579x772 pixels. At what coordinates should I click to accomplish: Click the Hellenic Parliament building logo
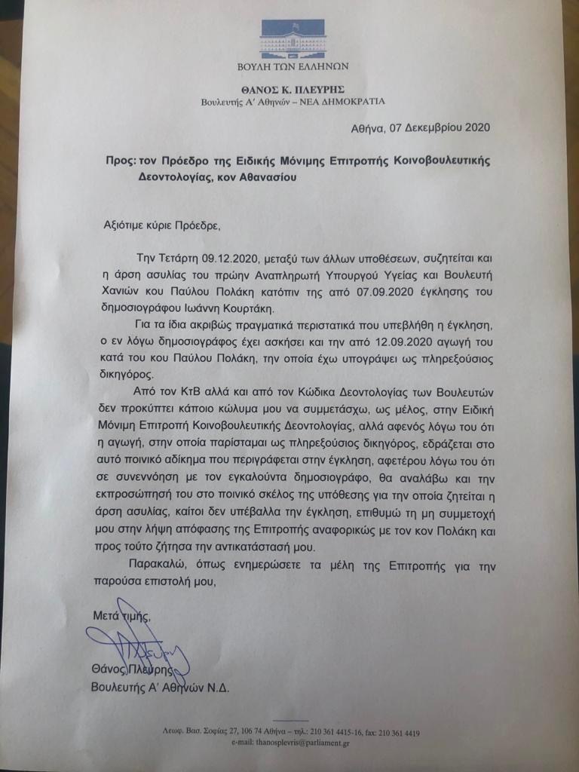[292, 39]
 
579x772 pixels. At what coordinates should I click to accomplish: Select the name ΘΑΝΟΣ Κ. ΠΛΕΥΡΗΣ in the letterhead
[292, 89]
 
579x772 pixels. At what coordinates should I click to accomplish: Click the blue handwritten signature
[139, 650]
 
